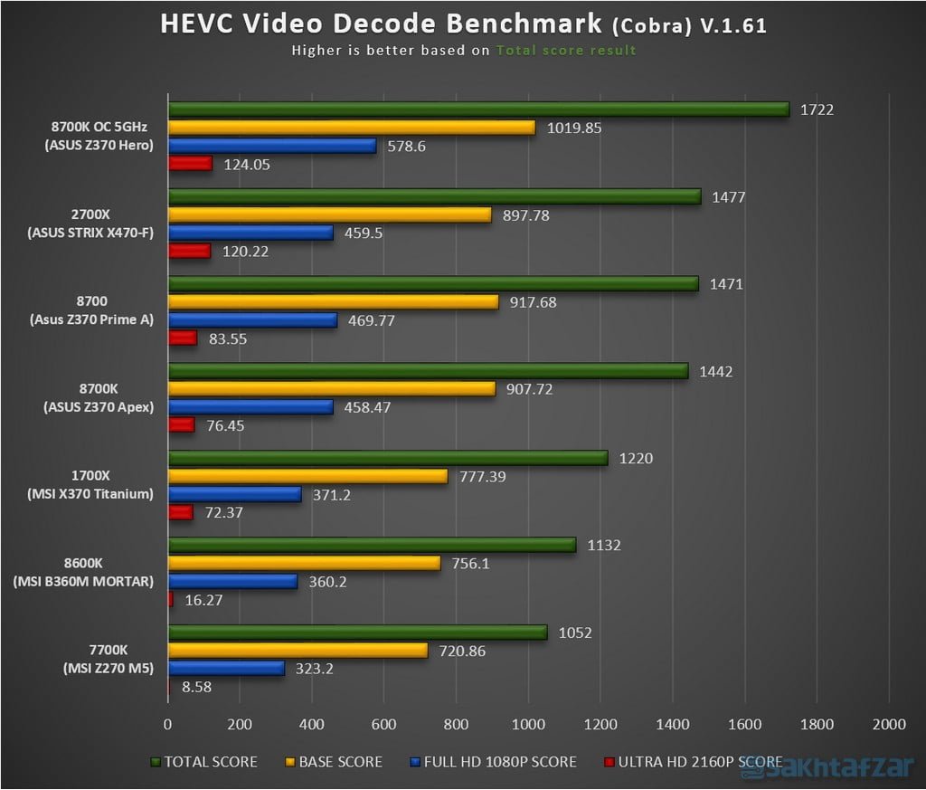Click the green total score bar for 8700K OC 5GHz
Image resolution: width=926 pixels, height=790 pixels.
(x=478, y=109)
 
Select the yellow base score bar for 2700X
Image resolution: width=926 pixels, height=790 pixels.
(x=330, y=214)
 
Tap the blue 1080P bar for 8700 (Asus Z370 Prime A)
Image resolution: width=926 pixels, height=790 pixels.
(x=252, y=320)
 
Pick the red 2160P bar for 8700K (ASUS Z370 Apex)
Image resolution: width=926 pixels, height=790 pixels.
(x=181, y=425)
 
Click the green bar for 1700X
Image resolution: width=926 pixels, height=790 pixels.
(x=388, y=458)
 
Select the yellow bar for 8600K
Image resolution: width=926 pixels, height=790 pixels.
(x=304, y=563)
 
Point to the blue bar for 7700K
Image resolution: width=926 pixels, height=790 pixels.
(x=226, y=668)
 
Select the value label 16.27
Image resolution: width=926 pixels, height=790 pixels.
(x=203, y=599)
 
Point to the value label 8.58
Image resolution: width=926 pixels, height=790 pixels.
(x=197, y=687)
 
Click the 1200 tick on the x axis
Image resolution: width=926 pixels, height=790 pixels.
(x=600, y=725)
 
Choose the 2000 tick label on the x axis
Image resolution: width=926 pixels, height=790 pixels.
(x=889, y=725)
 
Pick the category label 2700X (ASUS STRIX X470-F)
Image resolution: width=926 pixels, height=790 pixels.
(x=87, y=224)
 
